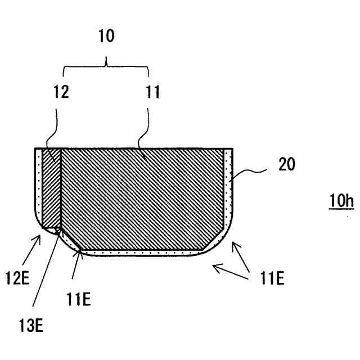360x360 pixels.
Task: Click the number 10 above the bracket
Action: coord(105,37)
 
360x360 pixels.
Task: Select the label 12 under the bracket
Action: coord(62,92)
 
